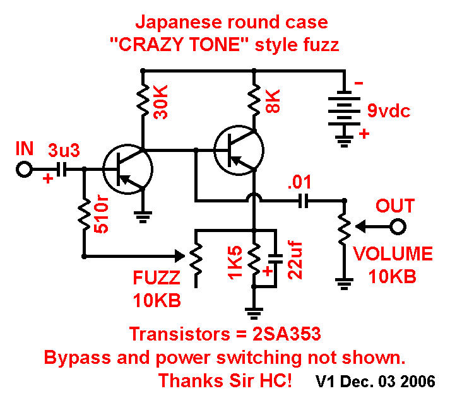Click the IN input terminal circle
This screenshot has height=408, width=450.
[x=25, y=170]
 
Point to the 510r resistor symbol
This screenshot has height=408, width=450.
[x=83, y=214]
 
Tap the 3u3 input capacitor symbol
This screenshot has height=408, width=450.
[x=61, y=170]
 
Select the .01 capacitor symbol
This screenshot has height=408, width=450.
[x=302, y=201]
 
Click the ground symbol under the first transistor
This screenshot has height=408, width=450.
[x=144, y=217]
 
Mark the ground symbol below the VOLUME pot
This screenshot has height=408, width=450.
[x=344, y=284]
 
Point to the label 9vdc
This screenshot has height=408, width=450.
[x=389, y=112]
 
